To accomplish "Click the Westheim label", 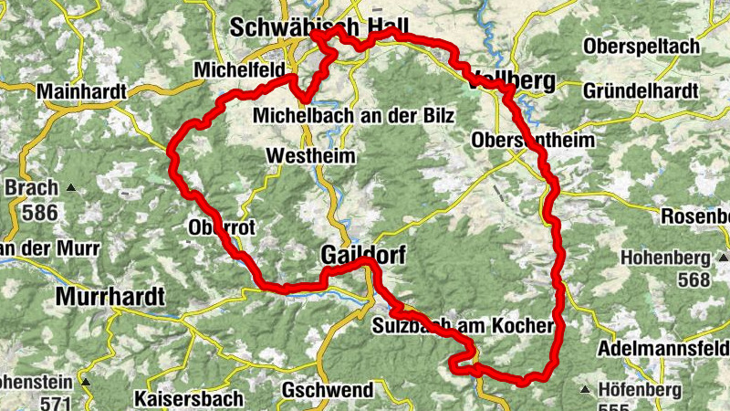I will [x=309, y=157].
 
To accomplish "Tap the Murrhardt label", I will [x=109, y=296].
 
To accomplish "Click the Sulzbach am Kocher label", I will [x=464, y=326].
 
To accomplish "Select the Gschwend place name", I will [x=328, y=391].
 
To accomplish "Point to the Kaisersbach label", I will [x=188, y=399].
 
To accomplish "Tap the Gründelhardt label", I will [x=641, y=91].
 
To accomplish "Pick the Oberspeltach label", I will [x=645, y=46].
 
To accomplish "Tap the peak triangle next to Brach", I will [x=69, y=189].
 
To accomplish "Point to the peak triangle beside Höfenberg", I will [x=584, y=391].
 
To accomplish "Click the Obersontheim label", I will [x=533, y=141].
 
